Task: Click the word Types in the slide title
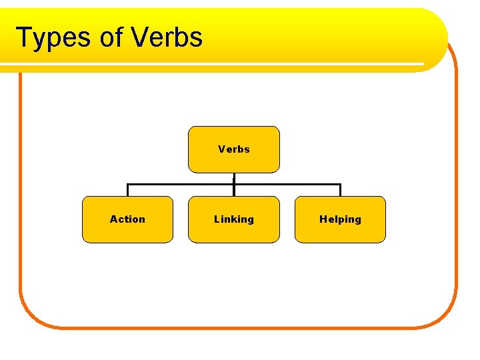pyautogui.click(x=53, y=38)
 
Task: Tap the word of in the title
pyautogui.click(x=111, y=38)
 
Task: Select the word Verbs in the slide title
pyautogui.click(x=167, y=37)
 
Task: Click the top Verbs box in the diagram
pyautogui.click(x=234, y=149)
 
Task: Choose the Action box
pyautogui.click(x=127, y=219)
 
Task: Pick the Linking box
pyautogui.click(x=234, y=219)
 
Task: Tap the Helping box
pyautogui.click(x=340, y=219)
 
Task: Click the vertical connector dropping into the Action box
pyautogui.click(x=127, y=190)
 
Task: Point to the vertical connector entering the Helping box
pyautogui.click(x=340, y=190)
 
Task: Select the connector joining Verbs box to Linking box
pyautogui.click(x=234, y=179)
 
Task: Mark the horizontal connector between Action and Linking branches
pyautogui.click(x=180, y=185)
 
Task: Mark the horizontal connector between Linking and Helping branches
pyautogui.click(x=287, y=185)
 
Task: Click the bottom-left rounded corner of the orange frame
pyautogui.click(x=30, y=317)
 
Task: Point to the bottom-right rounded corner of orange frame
pyautogui.click(x=447, y=317)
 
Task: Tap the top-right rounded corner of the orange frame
pyautogui.click(x=451, y=57)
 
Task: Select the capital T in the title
pyautogui.click(x=24, y=38)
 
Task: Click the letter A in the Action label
pyautogui.click(x=113, y=219)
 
